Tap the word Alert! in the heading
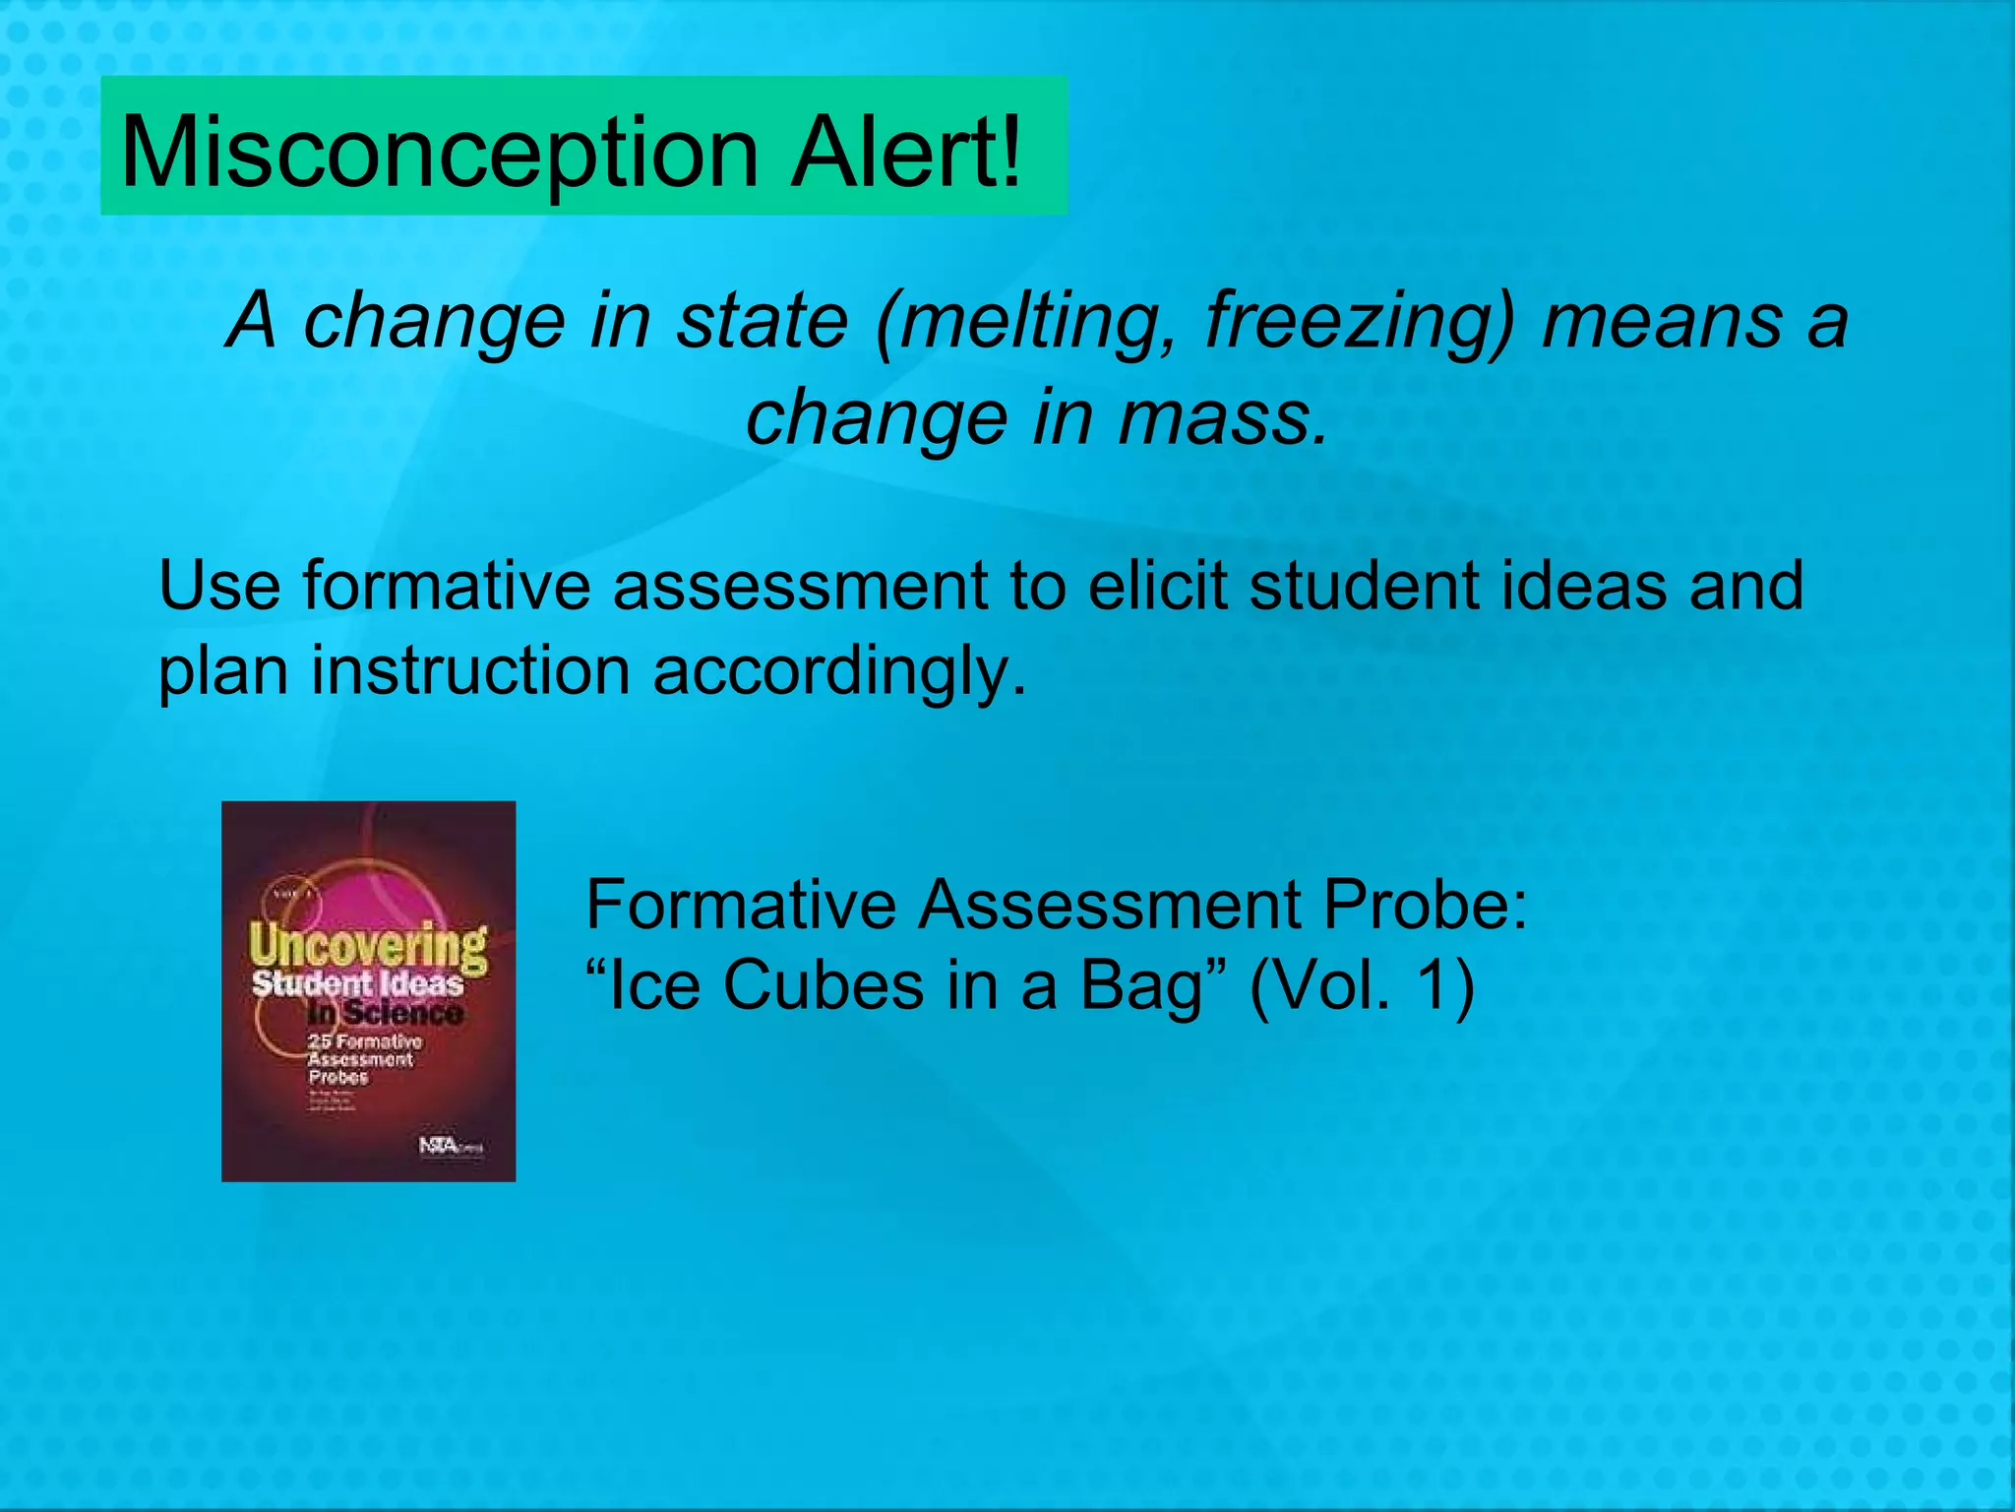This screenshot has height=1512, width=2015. [x=907, y=153]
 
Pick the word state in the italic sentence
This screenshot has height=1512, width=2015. [x=763, y=321]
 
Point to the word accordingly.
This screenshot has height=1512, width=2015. [x=839, y=672]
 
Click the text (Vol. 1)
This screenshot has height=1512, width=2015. [x=1362, y=985]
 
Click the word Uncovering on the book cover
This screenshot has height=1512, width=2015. [x=368, y=946]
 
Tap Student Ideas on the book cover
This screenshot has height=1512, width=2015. [x=357, y=983]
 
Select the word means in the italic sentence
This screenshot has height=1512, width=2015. [x=1663, y=322]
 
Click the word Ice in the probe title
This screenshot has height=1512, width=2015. [x=643, y=985]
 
